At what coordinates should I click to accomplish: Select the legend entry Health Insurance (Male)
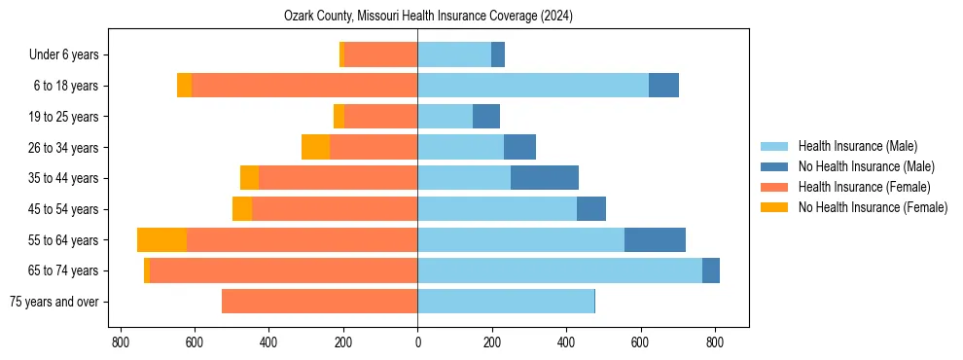(857, 147)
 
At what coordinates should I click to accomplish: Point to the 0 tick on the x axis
(417, 342)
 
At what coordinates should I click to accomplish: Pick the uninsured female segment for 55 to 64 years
(161, 240)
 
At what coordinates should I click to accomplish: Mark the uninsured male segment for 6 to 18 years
(663, 86)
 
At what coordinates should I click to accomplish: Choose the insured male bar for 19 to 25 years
(445, 117)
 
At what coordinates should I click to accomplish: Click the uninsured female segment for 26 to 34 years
(315, 147)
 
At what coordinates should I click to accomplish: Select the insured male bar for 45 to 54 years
(497, 209)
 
